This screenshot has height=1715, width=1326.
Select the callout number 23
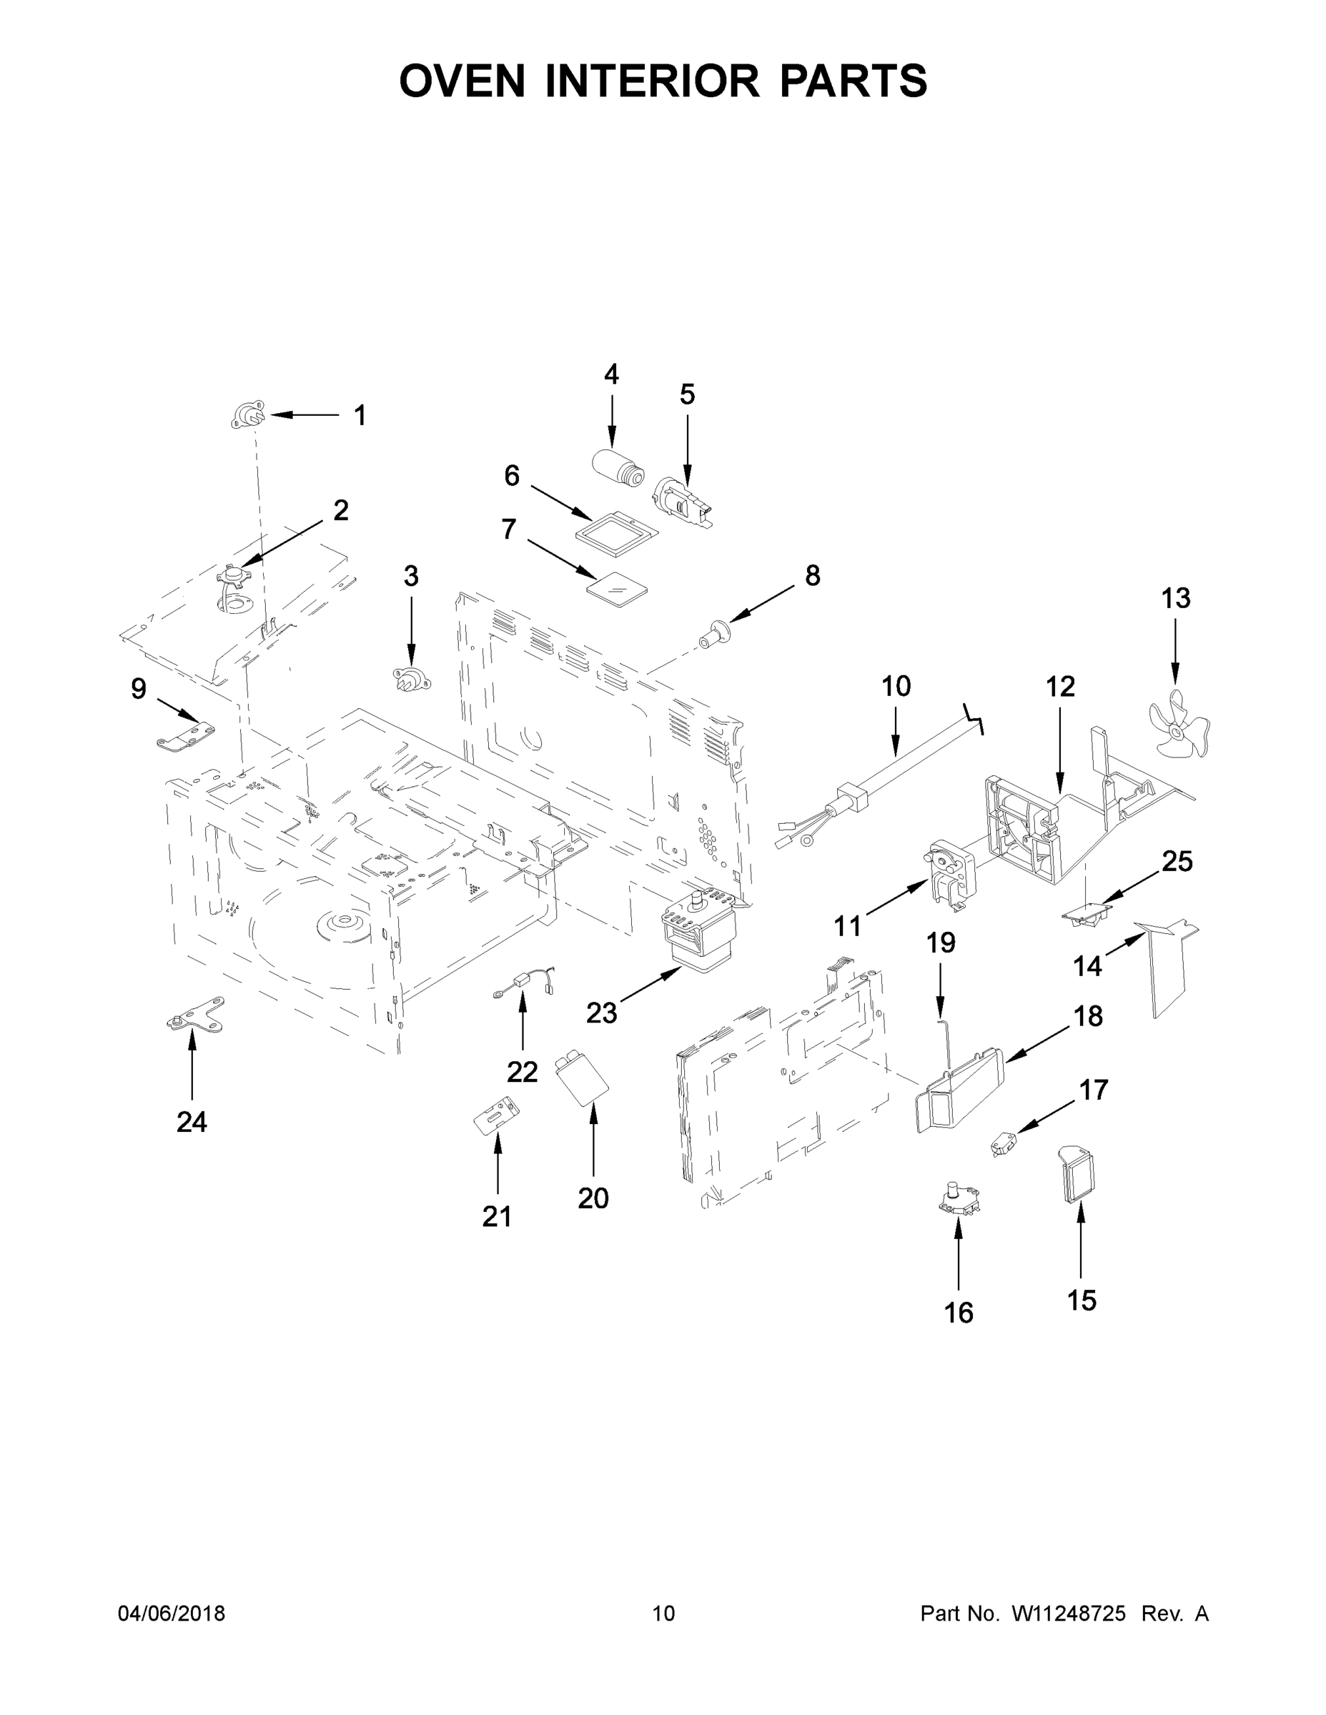click(602, 1013)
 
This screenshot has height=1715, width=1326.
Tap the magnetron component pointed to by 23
click(696, 934)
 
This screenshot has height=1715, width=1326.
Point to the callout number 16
click(959, 1312)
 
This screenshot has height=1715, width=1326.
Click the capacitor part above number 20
click(582, 1080)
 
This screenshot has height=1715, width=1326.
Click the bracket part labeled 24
click(197, 1013)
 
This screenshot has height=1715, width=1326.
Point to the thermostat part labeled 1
click(248, 414)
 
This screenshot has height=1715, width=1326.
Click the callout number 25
click(1177, 861)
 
